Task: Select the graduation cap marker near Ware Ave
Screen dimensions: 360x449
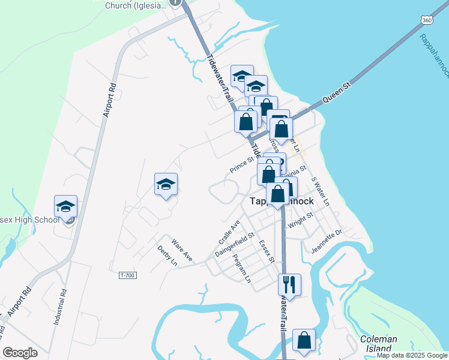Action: pos(166,185)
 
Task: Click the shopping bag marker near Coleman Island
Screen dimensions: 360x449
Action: pos(304,340)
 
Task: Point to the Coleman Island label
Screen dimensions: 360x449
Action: pos(378,343)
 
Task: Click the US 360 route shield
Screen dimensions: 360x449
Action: pos(427,20)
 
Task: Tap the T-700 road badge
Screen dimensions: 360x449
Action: pos(127,275)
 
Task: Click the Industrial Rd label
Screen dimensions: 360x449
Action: pos(59,308)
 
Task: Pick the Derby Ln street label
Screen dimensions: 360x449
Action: pos(167,256)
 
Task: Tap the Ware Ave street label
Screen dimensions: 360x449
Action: pos(181,250)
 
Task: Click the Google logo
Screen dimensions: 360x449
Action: pos(20,353)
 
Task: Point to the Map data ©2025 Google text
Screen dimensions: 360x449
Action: pos(412,355)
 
